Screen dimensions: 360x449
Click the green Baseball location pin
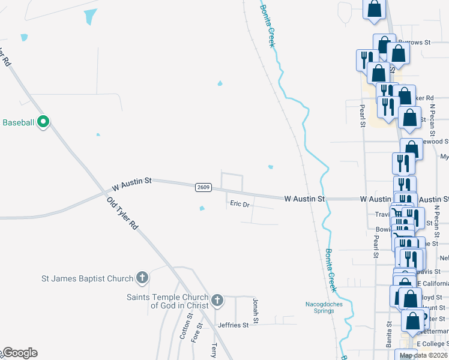click(x=43, y=122)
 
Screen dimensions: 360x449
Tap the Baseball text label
click(x=19, y=122)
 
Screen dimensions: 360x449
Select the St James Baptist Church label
click(x=87, y=278)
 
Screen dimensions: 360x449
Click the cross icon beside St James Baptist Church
click(x=142, y=278)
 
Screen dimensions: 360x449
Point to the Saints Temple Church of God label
click(x=167, y=301)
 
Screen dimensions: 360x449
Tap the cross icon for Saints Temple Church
click(x=217, y=299)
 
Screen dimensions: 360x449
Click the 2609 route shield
click(x=203, y=187)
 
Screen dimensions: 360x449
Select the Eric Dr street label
click(x=240, y=204)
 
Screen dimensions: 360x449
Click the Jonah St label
click(x=255, y=308)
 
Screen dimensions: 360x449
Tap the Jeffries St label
click(x=233, y=325)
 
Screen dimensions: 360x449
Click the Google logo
click(x=20, y=353)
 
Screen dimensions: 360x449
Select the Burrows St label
click(x=415, y=43)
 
